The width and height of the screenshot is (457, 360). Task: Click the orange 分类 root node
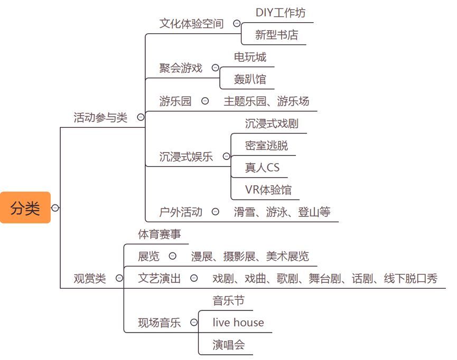pos(25,208)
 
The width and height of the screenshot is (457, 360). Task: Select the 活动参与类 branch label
pos(100,118)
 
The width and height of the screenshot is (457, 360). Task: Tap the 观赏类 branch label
pos(89,279)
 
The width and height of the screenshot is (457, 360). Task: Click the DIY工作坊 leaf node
pos(280,12)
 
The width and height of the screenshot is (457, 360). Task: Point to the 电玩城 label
pos(250,57)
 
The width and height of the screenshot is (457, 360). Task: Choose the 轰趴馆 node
pos(250,80)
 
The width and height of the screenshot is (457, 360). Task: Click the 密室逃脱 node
pos(266,146)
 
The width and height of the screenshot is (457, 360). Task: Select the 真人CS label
pos(262,168)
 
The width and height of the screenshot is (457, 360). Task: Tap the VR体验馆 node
pos(268,190)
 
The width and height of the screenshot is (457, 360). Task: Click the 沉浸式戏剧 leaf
pos(272,124)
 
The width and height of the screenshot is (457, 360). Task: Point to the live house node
pos(238,323)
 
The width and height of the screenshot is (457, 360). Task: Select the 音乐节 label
pos(229,301)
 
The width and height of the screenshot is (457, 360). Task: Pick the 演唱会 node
pos(229,345)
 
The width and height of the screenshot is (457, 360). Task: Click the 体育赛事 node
pos(159,234)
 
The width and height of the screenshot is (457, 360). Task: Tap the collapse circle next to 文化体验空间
pos(237,24)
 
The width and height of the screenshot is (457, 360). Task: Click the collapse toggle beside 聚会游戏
pos(215,68)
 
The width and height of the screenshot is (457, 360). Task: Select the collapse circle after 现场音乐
pos(194,323)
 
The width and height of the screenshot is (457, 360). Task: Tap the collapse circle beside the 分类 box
pos(55,208)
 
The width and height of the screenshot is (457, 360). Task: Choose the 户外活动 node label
pos(181,212)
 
